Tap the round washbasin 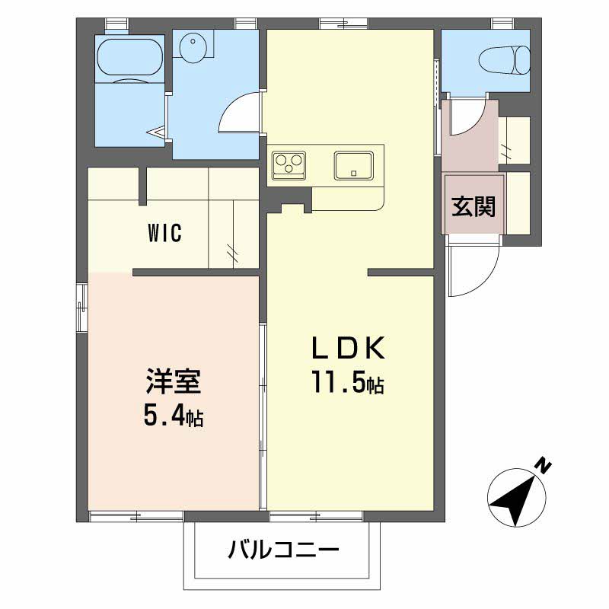[x=192, y=46]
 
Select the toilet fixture [x=505, y=60]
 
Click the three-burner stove [x=289, y=165]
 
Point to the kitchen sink [x=354, y=165]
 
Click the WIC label [x=164, y=234]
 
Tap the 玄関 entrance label [x=473, y=206]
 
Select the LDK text [x=349, y=347]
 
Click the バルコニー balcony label [x=283, y=550]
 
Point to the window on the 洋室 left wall [x=82, y=308]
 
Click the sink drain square [x=353, y=174]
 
